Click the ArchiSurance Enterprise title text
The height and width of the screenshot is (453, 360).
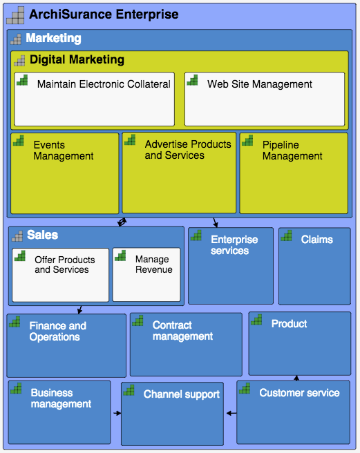[x=104, y=15]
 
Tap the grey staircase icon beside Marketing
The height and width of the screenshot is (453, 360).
[x=16, y=39]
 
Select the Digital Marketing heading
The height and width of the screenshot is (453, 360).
[x=77, y=60]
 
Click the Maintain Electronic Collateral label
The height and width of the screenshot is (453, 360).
[x=104, y=84]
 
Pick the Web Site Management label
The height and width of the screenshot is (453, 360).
[x=260, y=84]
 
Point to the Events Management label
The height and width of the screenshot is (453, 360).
[x=64, y=151]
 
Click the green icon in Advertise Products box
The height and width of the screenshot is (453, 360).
[x=130, y=139]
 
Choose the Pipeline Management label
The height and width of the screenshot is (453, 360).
[x=292, y=151]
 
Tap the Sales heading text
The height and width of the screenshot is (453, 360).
[x=43, y=235]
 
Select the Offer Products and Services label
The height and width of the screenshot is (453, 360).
[x=65, y=264]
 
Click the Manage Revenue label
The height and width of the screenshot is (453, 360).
[x=154, y=264]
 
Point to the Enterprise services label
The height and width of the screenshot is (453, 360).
[x=234, y=245]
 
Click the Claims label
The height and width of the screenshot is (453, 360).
[x=317, y=240]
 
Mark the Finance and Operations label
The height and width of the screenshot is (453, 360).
[x=58, y=331]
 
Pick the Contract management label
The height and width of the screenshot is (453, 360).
[x=182, y=331]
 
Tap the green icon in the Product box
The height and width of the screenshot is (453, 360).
[x=256, y=320]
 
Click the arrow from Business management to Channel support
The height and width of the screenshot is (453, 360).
[x=117, y=413]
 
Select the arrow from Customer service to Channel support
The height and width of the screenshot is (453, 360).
[x=231, y=413]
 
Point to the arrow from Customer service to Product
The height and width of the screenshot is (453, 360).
[x=296, y=378]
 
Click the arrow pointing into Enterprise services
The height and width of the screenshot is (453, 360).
[x=215, y=223]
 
